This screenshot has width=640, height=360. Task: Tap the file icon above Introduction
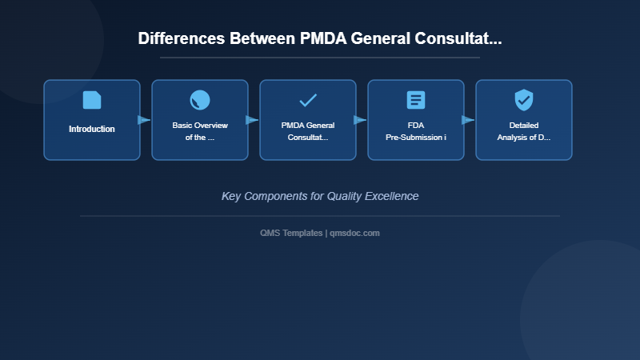92,100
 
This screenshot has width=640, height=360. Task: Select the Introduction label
92,129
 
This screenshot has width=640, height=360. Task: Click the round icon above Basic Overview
200,100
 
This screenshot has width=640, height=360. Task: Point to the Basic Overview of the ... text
200,131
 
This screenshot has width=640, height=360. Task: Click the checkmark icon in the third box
308,100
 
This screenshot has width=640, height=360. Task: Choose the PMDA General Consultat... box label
308,131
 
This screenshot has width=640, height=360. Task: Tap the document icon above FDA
416,100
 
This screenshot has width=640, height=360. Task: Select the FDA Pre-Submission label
416,131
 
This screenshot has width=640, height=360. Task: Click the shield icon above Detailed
524,100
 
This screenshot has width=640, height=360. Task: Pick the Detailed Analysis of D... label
524,131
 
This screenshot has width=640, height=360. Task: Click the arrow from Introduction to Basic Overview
144,120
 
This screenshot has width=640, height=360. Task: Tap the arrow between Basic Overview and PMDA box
252,120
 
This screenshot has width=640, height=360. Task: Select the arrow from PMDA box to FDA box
360,120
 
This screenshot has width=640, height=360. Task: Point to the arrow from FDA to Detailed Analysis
468,120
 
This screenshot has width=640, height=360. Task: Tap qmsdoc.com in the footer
355,233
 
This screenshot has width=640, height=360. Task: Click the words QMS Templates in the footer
292,233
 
